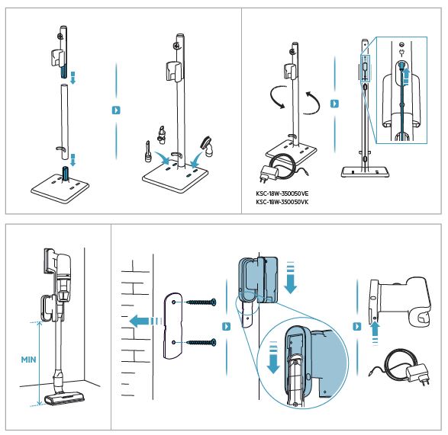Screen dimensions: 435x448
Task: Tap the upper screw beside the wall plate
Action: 201,305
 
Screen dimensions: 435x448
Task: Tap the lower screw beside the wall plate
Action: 201,343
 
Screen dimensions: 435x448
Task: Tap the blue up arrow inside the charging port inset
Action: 405,75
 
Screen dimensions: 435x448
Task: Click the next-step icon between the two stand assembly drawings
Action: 116,110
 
